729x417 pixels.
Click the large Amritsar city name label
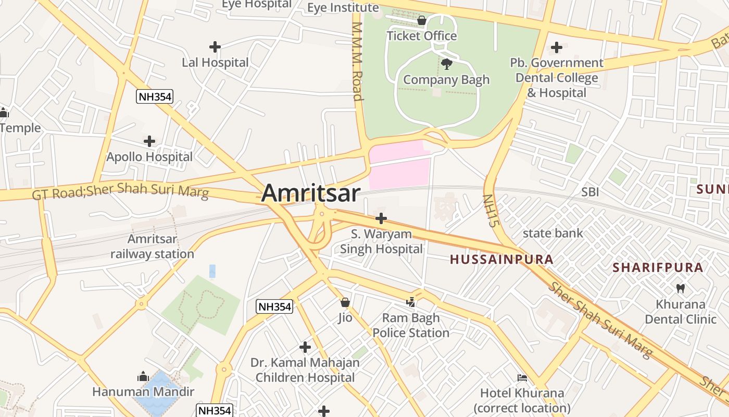[x=310, y=193]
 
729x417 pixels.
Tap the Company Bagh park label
[x=446, y=80]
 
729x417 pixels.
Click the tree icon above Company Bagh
[x=446, y=64]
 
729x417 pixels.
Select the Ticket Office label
[x=422, y=36]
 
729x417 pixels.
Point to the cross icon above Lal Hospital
[x=215, y=47]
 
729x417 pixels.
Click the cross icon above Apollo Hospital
[x=149, y=141]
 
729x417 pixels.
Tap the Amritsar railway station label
[x=153, y=247]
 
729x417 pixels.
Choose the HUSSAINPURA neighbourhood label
[x=501, y=259]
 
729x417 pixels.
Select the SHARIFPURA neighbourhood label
[x=658, y=267]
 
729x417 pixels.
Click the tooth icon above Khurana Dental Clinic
[x=681, y=288]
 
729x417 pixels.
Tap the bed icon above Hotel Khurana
[x=522, y=377]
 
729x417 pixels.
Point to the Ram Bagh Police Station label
[x=411, y=325]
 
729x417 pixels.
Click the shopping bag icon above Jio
[x=345, y=302]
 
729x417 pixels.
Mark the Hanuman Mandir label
[x=143, y=391]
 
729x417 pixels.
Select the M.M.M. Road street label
[x=357, y=62]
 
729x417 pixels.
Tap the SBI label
[x=590, y=192]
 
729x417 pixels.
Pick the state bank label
[x=553, y=233]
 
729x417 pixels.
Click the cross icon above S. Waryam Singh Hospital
[x=381, y=218]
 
